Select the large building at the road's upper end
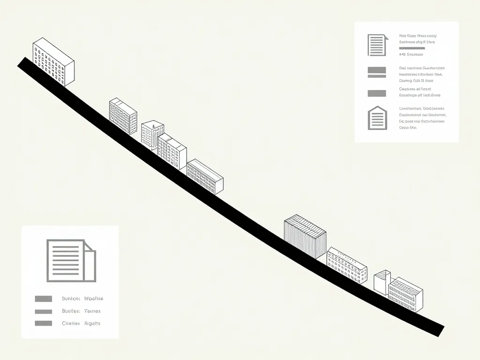pos(53,62)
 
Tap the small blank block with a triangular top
pos(382,281)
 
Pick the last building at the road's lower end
pos(406,294)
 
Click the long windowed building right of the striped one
pos(347,265)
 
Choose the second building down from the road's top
pos(123,116)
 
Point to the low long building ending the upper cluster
pos(205,176)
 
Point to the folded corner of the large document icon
pos(90,245)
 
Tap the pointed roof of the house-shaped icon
pos(377,108)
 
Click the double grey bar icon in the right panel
pos(377,72)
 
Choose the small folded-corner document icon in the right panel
pos(377,45)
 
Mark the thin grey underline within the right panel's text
pos(412,48)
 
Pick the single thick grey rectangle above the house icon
pos(377,93)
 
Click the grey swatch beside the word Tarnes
pos(44,311)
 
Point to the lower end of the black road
pos(438,330)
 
